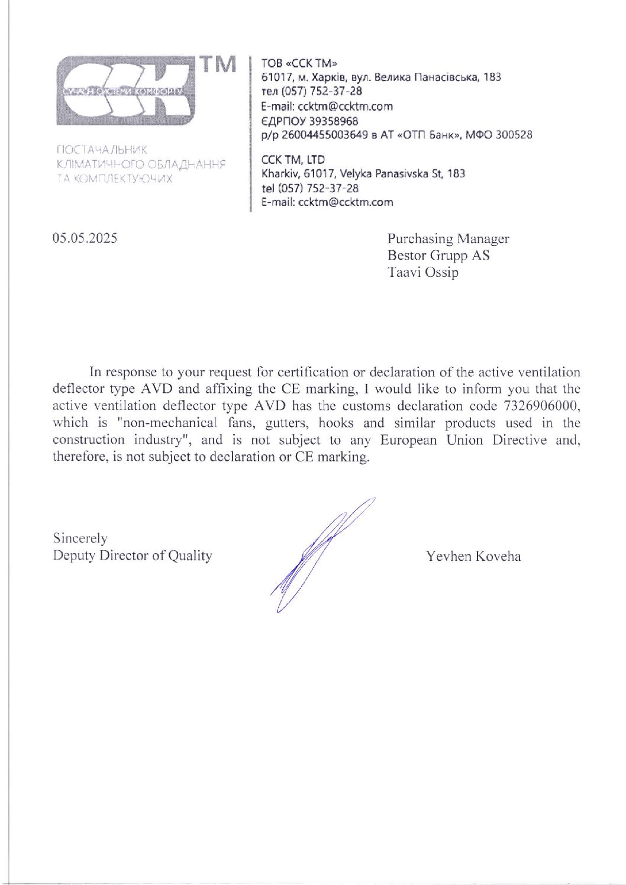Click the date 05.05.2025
click(x=85, y=238)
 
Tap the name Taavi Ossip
click(x=422, y=272)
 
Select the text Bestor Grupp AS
click(x=438, y=256)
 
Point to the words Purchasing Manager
click(x=448, y=238)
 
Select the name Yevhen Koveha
click(x=473, y=556)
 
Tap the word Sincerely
click(x=80, y=538)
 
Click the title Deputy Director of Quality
click(x=132, y=555)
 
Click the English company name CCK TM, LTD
click(x=293, y=159)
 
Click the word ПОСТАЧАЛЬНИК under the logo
click(x=101, y=150)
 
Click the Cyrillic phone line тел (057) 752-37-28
click(x=311, y=91)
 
